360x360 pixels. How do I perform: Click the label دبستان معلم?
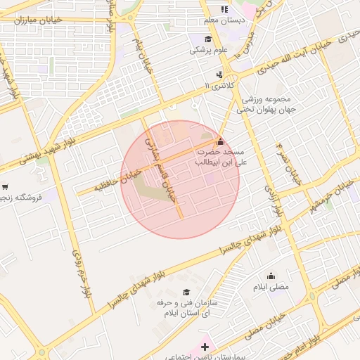tap(224, 20)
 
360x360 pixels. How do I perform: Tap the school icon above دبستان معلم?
tap(224, 9)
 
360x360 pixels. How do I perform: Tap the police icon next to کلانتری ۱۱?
tap(221, 75)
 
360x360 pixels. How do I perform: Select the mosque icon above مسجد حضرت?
tap(222, 141)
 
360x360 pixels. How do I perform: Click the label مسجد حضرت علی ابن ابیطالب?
tap(219, 157)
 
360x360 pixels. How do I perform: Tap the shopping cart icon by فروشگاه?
tap(6, 187)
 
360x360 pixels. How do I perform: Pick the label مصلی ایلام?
tap(270, 288)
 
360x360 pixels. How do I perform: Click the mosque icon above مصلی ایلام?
tap(271, 276)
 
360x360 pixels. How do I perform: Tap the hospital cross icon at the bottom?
tap(205, 347)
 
